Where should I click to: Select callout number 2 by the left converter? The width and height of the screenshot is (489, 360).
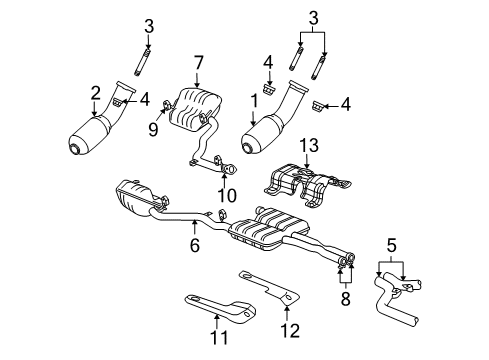(96, 92)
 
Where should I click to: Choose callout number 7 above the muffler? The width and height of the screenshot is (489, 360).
(198, 64)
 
